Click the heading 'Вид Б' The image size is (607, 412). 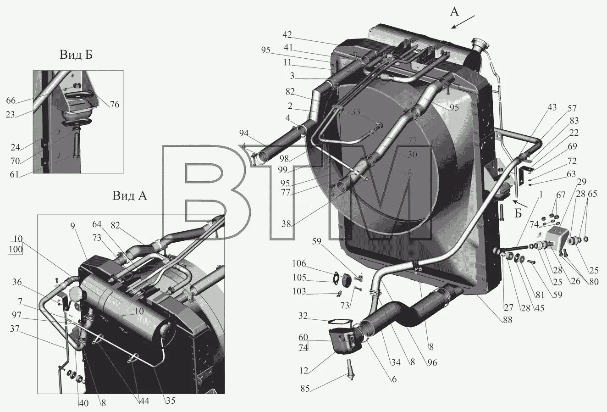tap(76, 55)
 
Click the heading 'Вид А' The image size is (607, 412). tap(130, 196)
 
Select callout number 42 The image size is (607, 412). tap(287, 35)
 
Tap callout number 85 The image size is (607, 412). tap(305, 389)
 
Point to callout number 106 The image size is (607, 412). tap(298, 263)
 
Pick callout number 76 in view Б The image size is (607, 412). tap(114, 104)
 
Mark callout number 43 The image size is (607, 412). tap(552, 107)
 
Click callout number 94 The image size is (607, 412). tap(243, 133)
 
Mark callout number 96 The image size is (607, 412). tap(431, 362)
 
